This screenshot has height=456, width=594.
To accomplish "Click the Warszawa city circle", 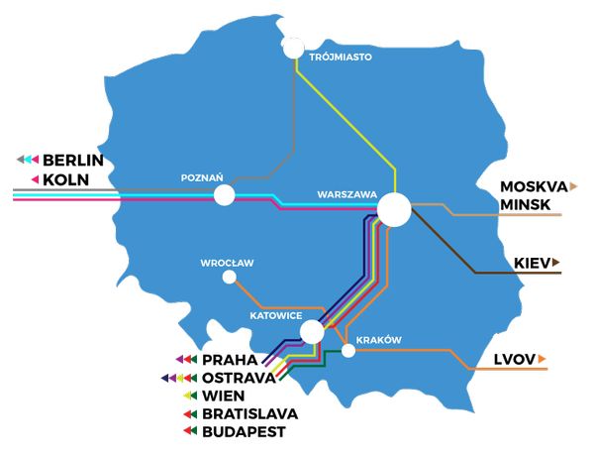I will [x=394, y=209].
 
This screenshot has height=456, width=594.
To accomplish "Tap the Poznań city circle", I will [x=225, y=195].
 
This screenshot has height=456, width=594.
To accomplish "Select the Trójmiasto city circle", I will [x=294, y=48].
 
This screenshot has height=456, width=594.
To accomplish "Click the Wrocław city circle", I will [x=230, y=278].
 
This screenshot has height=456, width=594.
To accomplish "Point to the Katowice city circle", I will [x=312, y=331].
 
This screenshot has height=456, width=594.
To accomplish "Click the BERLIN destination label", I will [x=73, y=160].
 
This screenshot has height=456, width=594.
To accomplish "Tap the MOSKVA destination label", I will [x=533, y=185].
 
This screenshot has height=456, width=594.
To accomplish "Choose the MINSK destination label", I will [x=526, y=203].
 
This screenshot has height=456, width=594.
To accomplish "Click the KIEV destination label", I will [x=532, y=263].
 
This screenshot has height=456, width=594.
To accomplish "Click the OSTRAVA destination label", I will [x=236, y=378].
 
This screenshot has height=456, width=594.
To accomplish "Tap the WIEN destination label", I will [x=223, y=396].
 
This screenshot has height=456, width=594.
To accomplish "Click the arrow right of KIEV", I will [x=557, y=263].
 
